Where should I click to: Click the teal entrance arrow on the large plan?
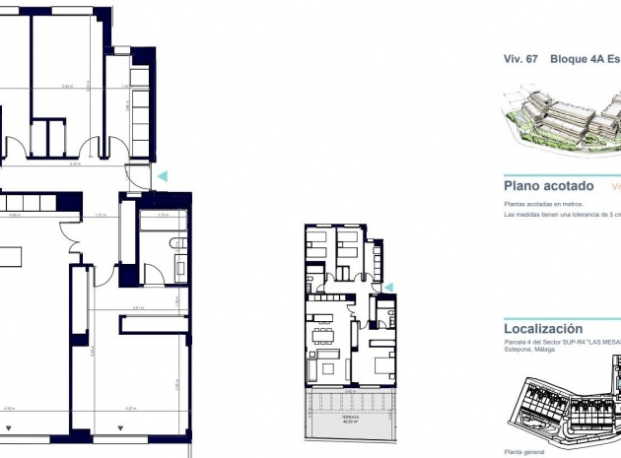(164, 175)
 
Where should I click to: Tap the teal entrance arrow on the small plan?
(388, 287)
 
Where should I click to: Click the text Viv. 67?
(519, 59)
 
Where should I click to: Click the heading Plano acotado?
(548, 185)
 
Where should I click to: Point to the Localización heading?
(543, 329)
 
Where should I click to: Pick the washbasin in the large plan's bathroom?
(180, 266)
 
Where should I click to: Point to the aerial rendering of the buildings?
(562, 118)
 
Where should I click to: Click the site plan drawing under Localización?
(562, 409)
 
